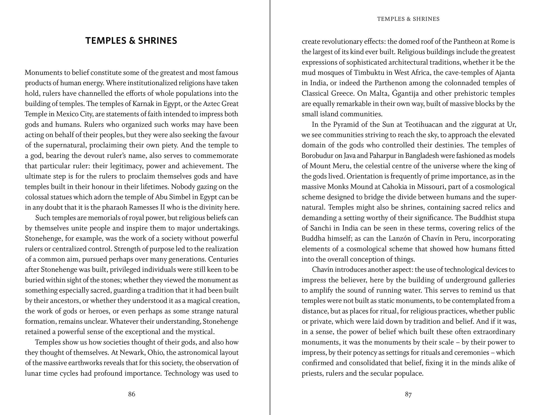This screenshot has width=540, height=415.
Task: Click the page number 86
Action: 131,394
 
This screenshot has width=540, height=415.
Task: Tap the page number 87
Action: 408,395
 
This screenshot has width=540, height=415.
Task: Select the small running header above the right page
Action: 408,19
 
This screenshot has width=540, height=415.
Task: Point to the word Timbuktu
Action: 372,73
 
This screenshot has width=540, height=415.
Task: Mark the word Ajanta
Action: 505,73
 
